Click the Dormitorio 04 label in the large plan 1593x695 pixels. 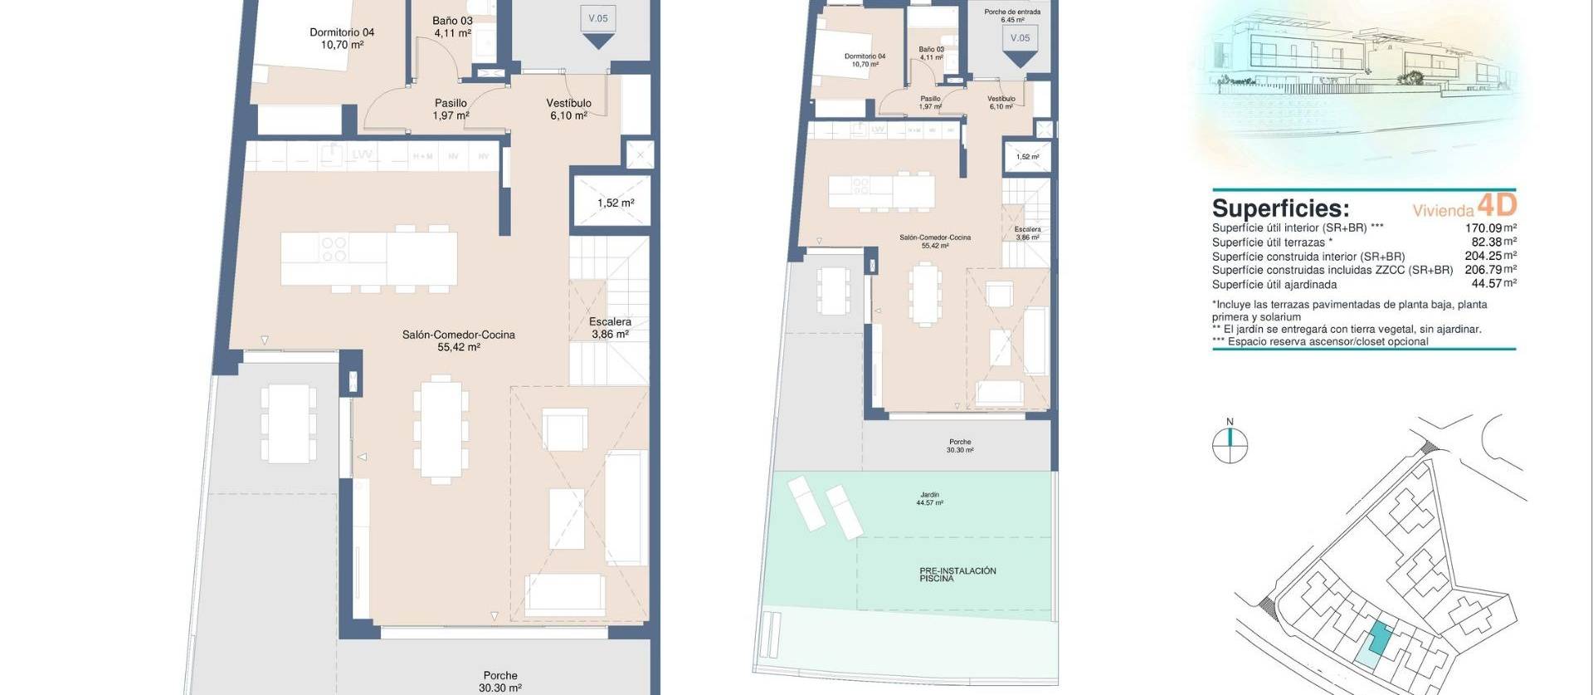(x=342, y=38)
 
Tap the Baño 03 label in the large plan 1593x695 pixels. (x=452, y=27)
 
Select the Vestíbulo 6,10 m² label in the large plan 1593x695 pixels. (x=568, y=109)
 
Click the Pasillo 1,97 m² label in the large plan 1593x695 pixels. (x=451, y=109)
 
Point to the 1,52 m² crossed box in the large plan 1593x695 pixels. (x=615, y=203)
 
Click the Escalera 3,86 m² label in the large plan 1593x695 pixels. (x=610, y=328)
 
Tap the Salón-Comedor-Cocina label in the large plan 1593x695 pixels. (x=458, y=340)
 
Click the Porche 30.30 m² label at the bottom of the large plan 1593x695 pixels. (x=500, y=682)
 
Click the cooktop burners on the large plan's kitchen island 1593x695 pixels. (x=334, y=250)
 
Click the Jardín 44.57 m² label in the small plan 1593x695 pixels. (x=929, y=498)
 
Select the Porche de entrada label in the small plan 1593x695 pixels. (x=1011, y=16)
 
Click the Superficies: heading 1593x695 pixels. (x=1280, y=208)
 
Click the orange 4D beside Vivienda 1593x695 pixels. (x=1497, y=204)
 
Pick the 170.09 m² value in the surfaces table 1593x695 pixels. (x=1490, y=228)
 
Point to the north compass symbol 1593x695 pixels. (x=1230, y=445)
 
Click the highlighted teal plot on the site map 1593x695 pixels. (x=1378, y=639)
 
